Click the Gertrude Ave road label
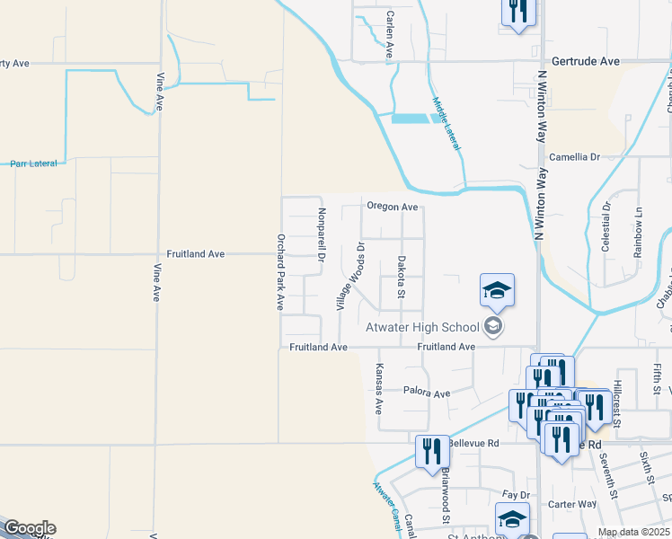click(586, 61)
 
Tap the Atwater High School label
click(424, 327)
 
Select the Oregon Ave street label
click(392, 207)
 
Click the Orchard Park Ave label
click(280, 273)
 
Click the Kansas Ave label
click(379, 389)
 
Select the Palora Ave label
click(426, 393)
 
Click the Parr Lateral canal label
click(33, 163)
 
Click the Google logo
click(29, 528)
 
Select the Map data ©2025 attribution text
click(633, 532)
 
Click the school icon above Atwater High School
click(497, 290)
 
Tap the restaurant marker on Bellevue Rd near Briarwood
click(432, 451)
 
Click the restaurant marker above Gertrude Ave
click(518, 11)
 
